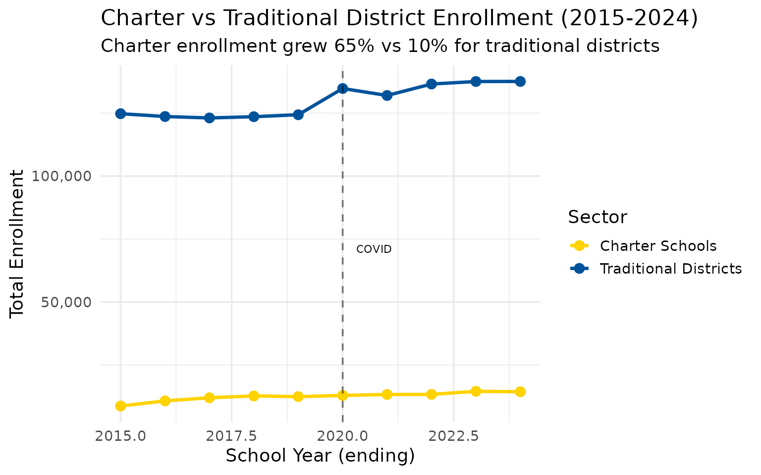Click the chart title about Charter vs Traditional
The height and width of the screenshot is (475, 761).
(x=399, y=19)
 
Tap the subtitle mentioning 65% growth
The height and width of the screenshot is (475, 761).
(x=380, y=46)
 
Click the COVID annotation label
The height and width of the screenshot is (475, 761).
(x=374, y=249)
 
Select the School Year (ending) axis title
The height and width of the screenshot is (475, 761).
(x=320, y=456)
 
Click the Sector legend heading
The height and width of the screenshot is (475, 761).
(x=597, y=217)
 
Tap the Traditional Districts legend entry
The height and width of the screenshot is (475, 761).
(x=670, y=269)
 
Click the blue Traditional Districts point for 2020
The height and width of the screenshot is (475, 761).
(x=342, y=89)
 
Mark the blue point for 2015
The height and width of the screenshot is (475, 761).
(x=120, y=114)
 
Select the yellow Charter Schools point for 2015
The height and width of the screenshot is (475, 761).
(x=120, y=406)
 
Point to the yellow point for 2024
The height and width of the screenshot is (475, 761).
(x=520, y=392)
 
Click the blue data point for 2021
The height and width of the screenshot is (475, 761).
(x=387, y=95)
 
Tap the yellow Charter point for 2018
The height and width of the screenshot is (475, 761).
(x=254, y=396)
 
